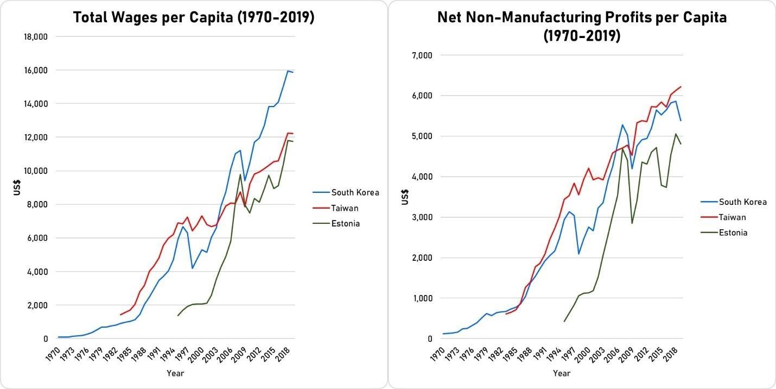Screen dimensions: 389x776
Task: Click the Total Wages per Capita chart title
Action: click(194, 17)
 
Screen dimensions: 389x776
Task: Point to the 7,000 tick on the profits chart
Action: click(422, 55)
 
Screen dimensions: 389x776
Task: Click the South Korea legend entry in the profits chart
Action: click(742, 202)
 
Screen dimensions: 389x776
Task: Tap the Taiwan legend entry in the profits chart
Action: click(733, 217)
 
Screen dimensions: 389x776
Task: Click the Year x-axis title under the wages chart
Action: click(175, 373)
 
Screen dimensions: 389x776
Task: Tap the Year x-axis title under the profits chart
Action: click(562, 373)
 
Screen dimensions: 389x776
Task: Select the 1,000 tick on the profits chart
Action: click(422, 298)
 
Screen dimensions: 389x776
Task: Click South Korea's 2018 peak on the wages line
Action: click(288, 71)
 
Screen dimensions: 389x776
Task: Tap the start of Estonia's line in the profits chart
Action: click(564, 322)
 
